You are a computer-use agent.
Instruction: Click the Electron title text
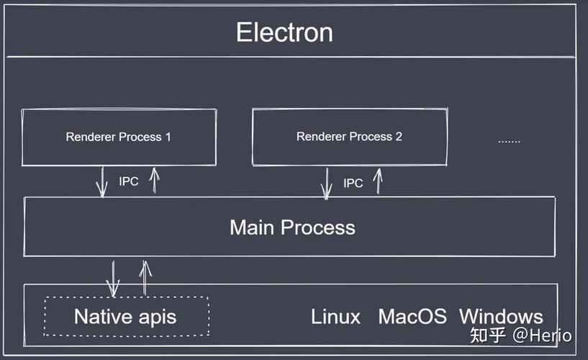click(284, 32)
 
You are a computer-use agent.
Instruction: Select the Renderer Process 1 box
click(119, 137)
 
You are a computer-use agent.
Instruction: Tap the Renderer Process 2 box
click(349, 137)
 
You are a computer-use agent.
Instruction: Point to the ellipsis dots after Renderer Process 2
click(509, 140)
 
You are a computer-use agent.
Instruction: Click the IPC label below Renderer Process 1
click(128, 181)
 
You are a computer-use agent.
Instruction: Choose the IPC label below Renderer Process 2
click(353, 184)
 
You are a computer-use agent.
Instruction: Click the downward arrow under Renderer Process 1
click(101, 181)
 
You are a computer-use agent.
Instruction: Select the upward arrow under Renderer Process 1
click(153, 180)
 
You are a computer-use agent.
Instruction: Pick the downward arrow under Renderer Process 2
click(326, 184)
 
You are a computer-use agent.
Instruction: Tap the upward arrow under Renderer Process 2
click(377, 182)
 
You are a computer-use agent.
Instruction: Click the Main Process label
click(292, 228)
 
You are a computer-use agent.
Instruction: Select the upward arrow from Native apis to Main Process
click(145, 276)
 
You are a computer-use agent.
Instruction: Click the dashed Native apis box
click(125, 316)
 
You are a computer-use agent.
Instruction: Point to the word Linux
click(335, 316)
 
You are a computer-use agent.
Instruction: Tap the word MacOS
click(412, 316)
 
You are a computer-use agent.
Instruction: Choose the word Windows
click(501, 316)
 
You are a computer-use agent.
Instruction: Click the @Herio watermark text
click(542, 336)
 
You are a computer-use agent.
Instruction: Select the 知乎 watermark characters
click(487, 336)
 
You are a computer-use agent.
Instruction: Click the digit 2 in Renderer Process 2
click(398, 137)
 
